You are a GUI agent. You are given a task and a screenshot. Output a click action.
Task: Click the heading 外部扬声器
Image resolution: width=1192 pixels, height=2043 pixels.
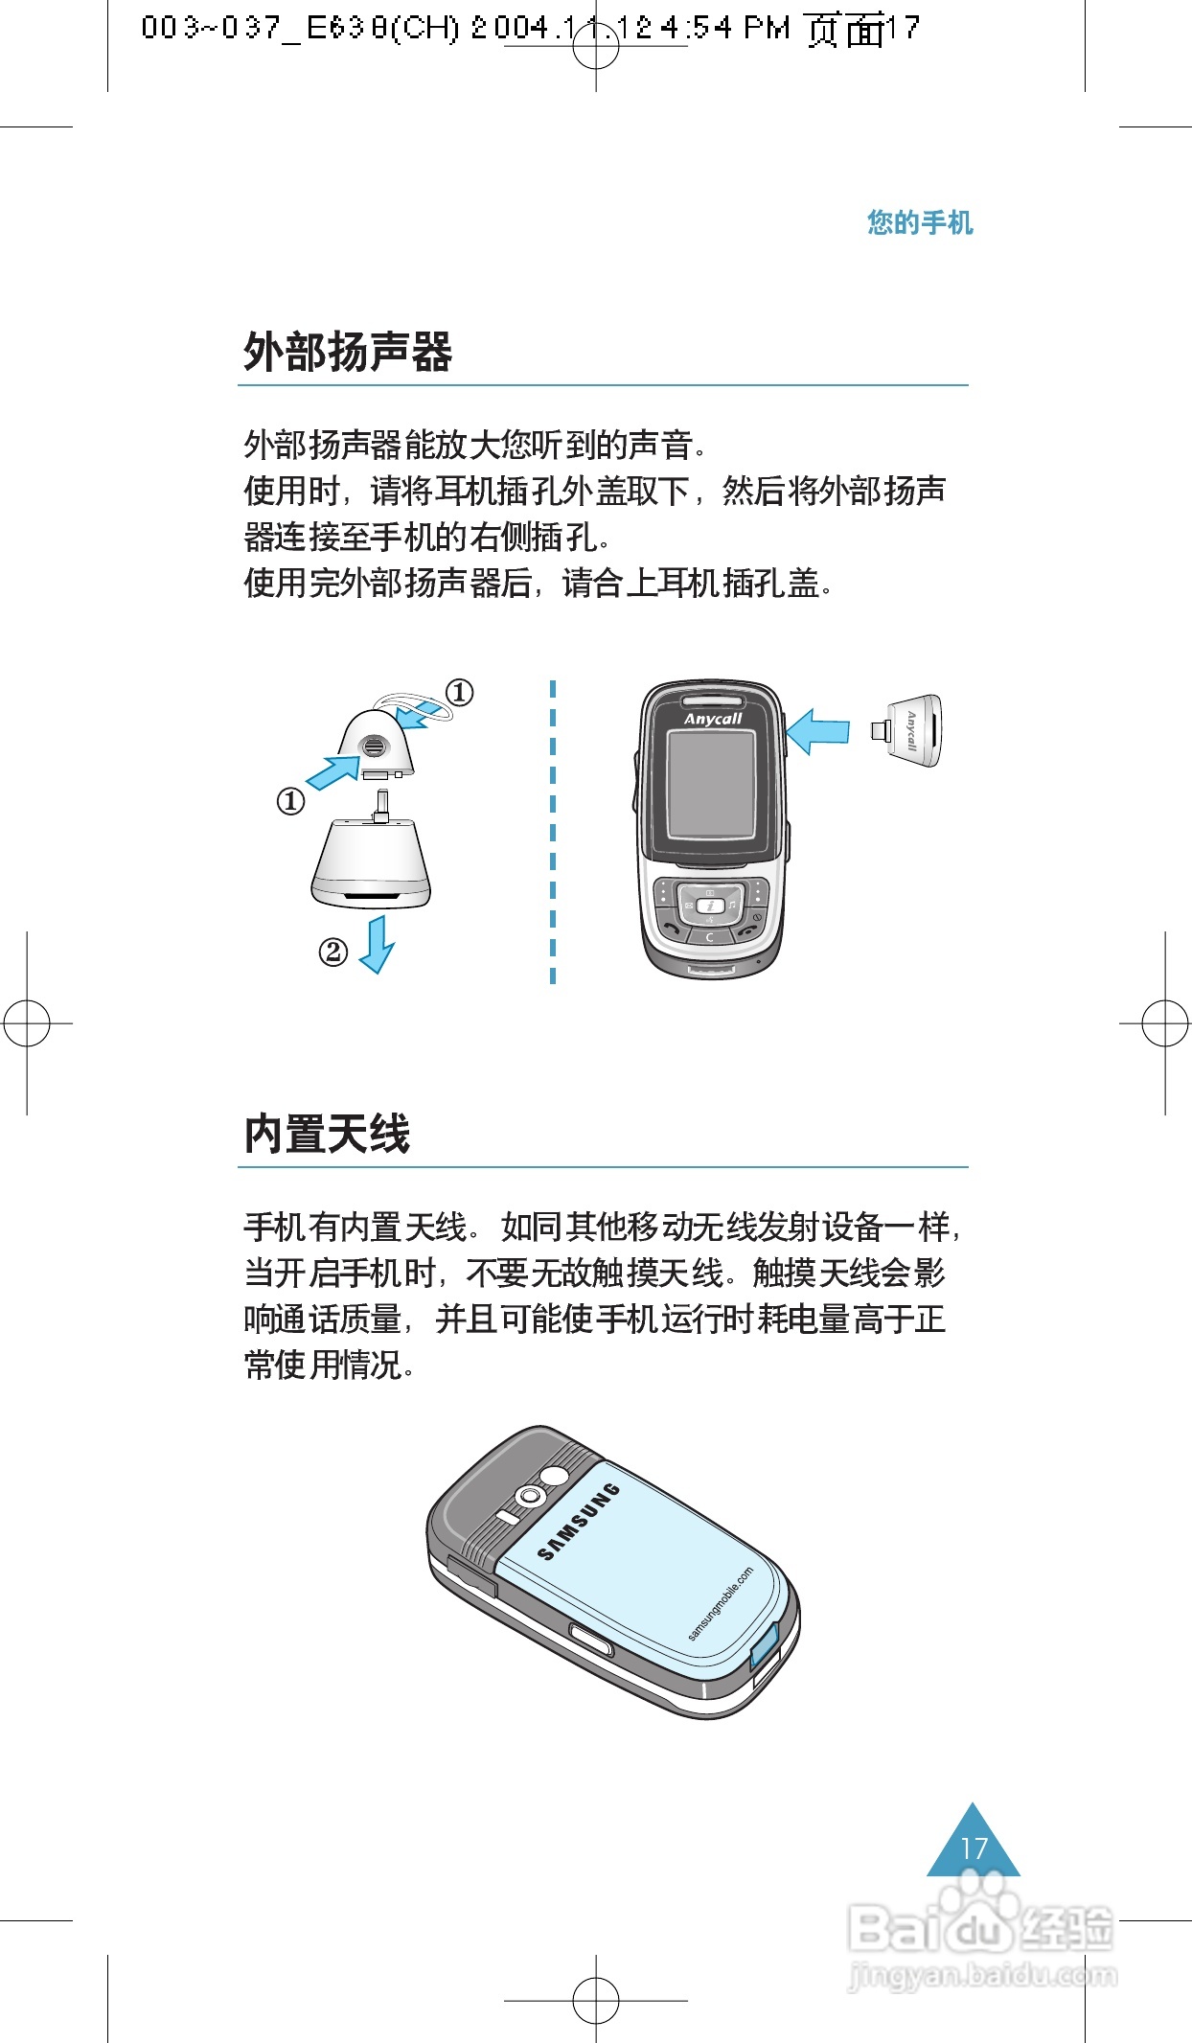click(347, 352)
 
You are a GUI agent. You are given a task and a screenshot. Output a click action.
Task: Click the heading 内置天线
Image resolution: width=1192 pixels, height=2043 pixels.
click(327, 1134)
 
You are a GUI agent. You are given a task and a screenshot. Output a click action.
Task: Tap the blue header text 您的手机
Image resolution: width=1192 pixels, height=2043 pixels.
click(919, 222)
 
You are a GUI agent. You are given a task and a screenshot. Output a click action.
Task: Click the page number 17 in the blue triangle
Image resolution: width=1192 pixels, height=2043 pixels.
click(974, 1848)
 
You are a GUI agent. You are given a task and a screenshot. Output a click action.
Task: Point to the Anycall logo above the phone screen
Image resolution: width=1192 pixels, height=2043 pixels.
click(712, 719)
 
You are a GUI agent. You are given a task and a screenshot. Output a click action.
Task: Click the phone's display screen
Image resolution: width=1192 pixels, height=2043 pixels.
click(711, 784)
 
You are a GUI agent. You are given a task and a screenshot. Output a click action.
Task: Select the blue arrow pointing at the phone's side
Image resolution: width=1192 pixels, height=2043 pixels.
click(817, 731)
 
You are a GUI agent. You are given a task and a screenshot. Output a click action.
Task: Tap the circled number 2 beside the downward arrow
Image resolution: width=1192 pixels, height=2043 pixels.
click(332, 952)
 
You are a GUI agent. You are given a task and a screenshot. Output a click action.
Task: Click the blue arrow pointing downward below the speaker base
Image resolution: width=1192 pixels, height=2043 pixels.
click(377, 945)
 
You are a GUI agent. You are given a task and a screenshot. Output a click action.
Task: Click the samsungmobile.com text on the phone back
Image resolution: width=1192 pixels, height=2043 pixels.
click(721, 1604)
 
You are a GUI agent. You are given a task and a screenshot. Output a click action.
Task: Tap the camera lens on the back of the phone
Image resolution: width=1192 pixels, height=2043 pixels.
click(530, 1496)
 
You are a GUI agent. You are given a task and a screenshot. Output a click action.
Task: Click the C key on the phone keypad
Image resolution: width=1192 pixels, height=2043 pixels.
click(709, 937)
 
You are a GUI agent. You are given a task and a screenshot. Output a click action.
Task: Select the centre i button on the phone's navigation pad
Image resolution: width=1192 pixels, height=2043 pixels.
click(709, 906)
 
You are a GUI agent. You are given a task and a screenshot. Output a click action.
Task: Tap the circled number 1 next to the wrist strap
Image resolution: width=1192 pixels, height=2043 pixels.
click(460, 692)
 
